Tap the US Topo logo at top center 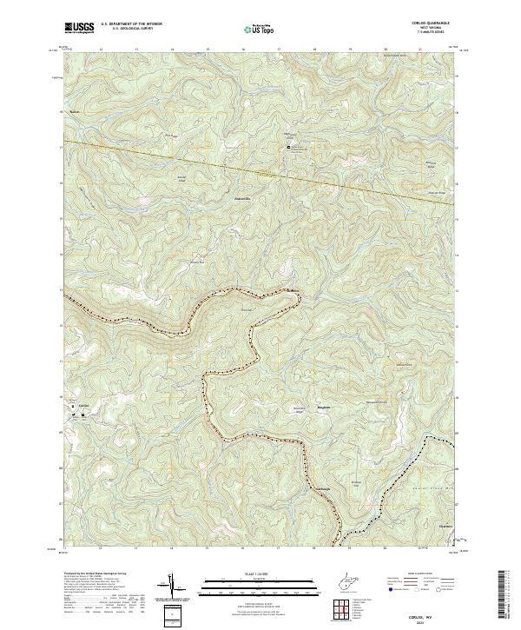(260, 28)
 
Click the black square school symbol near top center (289, 149)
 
